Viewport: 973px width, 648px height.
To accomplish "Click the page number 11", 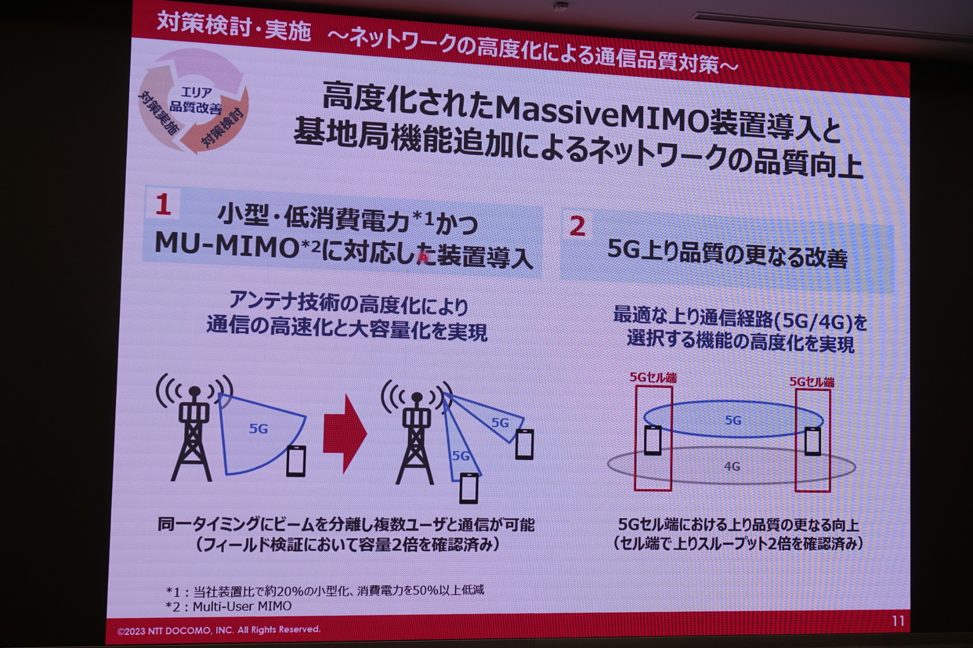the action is coord(898,621).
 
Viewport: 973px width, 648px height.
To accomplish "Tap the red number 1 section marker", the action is coord(163,206).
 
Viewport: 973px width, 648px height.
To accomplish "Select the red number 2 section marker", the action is coord(577,226).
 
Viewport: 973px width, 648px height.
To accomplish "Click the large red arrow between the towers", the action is coord(345,433).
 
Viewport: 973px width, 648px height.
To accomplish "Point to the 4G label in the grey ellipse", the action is coord(732,466).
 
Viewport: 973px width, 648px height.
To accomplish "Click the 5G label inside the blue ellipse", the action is coord(733,420).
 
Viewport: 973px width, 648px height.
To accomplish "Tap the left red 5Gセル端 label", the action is coord(653,377).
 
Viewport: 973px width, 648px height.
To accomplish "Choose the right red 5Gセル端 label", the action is coord(812,382).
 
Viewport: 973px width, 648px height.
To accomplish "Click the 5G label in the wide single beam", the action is coord(258,429).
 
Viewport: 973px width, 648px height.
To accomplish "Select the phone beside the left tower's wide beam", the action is coord(296,460).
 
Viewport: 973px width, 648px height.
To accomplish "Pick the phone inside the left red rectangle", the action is coord(653,439).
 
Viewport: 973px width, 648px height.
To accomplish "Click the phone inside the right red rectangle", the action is coord(812,441).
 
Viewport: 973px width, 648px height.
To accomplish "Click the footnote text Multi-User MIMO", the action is coord(242,606).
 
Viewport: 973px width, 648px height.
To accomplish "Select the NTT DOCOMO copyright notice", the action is coord(219,630).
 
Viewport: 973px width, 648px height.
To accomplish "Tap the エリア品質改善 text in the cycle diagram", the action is coord(196,100).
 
